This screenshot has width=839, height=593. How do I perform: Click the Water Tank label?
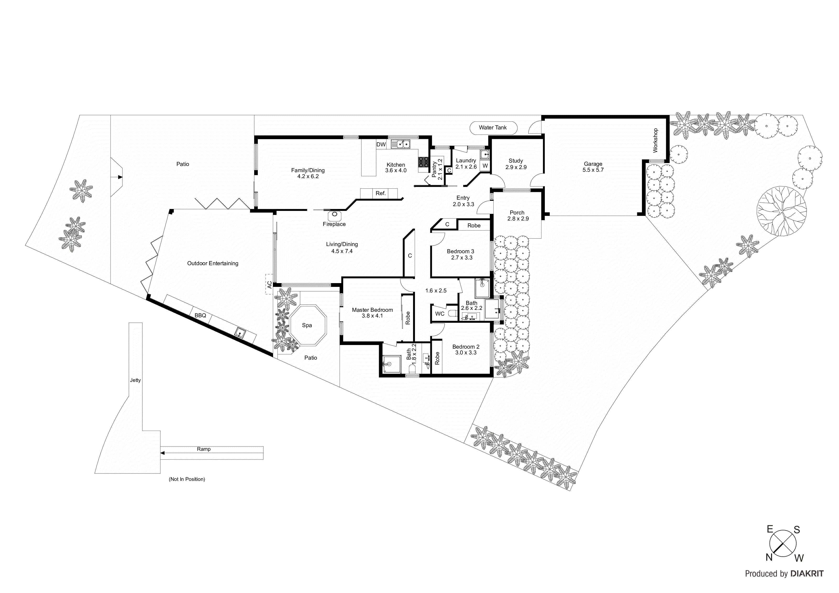(x=493, y=127)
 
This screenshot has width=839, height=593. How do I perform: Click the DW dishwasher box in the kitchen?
(x=381, y=144)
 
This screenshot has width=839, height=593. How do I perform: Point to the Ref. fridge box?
(x=381, y=193)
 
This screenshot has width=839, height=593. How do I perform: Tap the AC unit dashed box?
(x=269, y=284)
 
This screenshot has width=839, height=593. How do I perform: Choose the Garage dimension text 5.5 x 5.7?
(x=593, y=170)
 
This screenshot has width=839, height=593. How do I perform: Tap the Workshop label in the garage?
(x=655, y=140)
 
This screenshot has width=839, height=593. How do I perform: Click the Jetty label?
(x=135, y=380)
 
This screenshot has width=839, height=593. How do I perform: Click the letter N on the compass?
(x=769, y=567)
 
